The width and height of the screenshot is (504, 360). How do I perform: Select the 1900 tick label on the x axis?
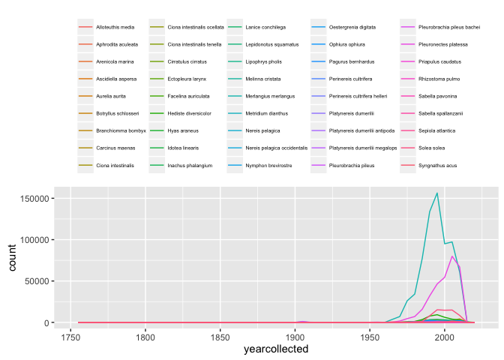coord(295,337)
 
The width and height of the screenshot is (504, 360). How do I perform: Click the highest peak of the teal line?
coord(437,193)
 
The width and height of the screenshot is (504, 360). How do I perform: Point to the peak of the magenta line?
coord(452,256)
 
